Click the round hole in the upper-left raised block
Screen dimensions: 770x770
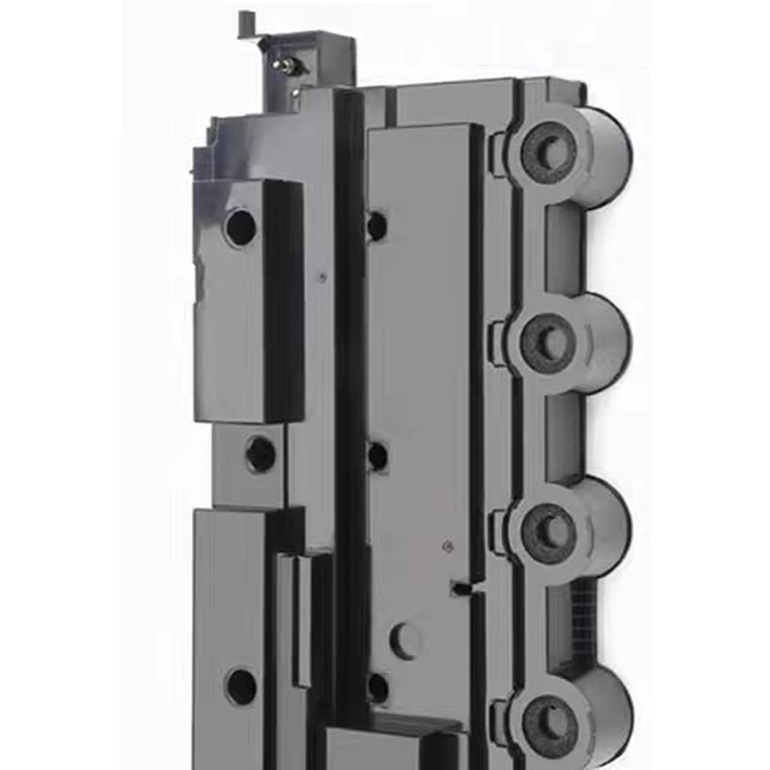coord(241,226)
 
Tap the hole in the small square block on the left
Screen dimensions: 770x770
coord(261,453)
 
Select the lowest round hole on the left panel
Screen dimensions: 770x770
coord(241,685)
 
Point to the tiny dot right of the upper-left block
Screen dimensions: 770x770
coord(323,277)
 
